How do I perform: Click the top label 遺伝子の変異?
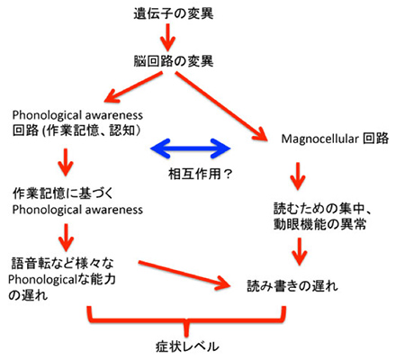[174, 14]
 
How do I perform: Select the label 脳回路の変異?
[174, 61]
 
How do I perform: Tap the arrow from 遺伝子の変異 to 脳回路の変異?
[168, 38]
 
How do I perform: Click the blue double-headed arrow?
[190, 148]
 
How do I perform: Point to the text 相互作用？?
[201, 174]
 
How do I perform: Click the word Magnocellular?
[319, 139]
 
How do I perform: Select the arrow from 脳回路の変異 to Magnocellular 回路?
[221, 106]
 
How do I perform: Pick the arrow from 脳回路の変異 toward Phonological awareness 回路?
[133, 87]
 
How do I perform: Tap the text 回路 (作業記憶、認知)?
[76, 130]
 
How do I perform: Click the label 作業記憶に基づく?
[63, 193]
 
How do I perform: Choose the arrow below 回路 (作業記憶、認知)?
[66, 162]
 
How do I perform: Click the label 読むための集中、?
[322, 209]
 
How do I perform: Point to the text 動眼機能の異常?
[319, 224]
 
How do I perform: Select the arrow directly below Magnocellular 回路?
[298, 176]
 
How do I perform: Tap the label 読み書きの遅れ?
[292, 286]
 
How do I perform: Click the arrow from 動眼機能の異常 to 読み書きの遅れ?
[300, 251]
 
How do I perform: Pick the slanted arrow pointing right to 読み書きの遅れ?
[184, 274]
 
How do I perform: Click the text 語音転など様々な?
[62, 264]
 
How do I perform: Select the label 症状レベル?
[187, 346]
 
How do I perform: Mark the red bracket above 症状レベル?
[186, 319]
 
